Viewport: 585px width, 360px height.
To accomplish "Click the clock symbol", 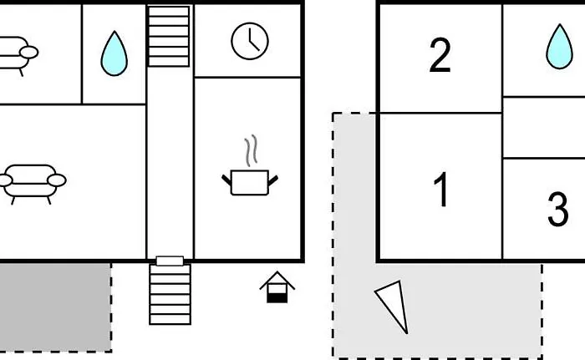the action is tap(250, 41).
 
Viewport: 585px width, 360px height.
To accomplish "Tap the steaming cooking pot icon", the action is tap(250, 165).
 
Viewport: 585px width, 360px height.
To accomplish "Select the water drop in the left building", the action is tap(114, 53).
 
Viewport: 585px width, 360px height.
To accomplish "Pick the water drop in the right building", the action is tap(559, 47).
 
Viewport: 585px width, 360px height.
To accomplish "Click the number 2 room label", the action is tap(440, 55).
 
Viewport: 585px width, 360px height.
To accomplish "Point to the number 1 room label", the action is tap(441, 189).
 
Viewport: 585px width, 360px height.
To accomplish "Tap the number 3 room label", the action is tap(557, 209).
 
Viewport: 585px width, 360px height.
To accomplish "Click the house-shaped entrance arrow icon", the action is tap(277, 286).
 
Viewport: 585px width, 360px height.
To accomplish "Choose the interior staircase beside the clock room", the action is tap(169, 36).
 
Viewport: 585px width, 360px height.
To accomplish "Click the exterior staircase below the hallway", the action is tap(170, 294).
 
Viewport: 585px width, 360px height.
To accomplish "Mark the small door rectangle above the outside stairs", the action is tap(170, 261).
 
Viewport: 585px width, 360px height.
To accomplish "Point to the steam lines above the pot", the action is tap(252, 150).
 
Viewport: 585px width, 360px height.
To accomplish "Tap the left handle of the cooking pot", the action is tap(226, 180).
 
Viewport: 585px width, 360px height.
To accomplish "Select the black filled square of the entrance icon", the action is tap(277, 297).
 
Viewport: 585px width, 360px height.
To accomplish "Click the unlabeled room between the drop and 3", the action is tap(544, 127).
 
